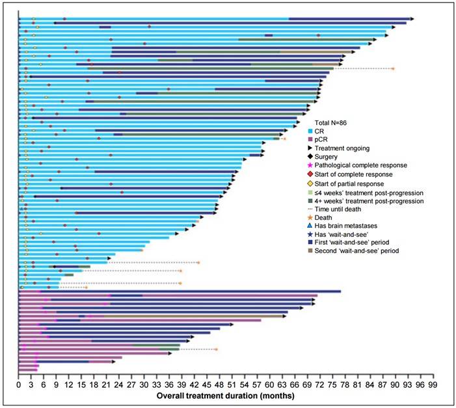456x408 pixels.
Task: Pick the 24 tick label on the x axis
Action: (x=119, y=385)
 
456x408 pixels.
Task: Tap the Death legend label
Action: (x=329, y=217)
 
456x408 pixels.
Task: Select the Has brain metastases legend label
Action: (x=351, y=226)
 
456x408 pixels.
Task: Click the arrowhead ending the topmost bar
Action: (x=412, y=18)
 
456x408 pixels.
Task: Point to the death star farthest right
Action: (x=392, y=68)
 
